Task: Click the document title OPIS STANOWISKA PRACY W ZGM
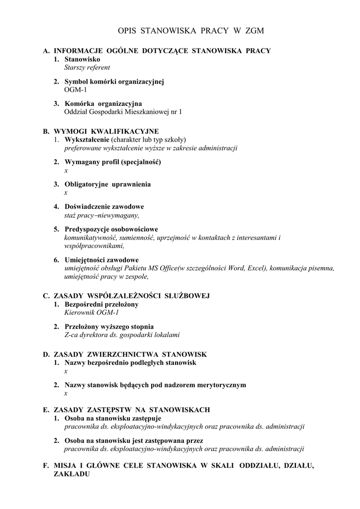click(191, 31)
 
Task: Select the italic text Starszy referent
click(87, 67)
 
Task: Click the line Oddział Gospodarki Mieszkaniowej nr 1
click(123, 112)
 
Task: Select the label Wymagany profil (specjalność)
click(112, 162)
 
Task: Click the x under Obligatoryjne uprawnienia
click(66, 192)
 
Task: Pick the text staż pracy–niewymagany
click(101, 215)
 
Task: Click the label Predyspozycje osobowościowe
click(111, 229)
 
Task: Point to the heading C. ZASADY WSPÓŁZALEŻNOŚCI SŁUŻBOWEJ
click(126, 296)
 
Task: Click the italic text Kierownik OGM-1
click(91, 313)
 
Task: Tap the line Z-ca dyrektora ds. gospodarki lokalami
click(122, 335)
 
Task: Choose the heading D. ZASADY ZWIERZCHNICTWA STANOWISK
click(124, 354)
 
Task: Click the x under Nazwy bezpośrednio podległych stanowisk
click(66, 371)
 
